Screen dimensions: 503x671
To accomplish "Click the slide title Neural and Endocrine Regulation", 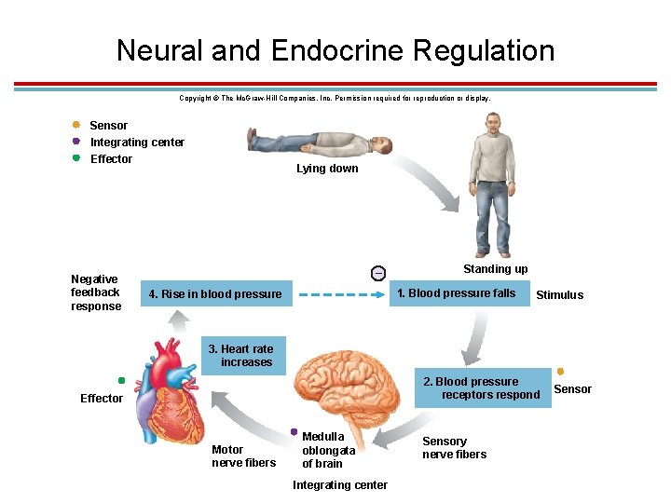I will tap(335, 50).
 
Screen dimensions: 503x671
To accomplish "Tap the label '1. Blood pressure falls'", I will tap(456, 293).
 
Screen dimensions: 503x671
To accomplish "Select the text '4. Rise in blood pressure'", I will tap(214, 294).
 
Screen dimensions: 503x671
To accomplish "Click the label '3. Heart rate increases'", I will tap(245, 356).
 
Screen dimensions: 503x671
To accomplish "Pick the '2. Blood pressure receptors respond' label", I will tap(481, 388).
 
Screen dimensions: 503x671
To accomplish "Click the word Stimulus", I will tap(559, 295).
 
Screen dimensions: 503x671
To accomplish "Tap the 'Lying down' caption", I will tap(327, 169).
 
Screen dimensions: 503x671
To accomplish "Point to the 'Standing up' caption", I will tap(495, 269).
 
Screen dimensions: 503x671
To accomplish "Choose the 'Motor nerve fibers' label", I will tap(243, 456).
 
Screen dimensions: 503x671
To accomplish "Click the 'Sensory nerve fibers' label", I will tap(454, 448).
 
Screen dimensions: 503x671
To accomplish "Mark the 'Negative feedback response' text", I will tap(96, 292).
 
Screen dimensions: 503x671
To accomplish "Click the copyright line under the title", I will tap(335, 98).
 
